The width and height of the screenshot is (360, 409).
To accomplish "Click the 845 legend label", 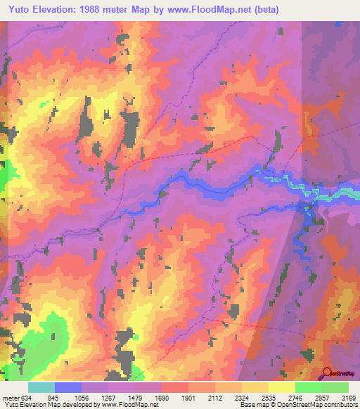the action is pyautogui.click(x=55, y=397).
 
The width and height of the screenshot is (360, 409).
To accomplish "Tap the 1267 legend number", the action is pyautogui.click(x=109, y=397).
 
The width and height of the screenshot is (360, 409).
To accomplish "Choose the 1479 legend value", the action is pyautogui.click(x=136, y=397).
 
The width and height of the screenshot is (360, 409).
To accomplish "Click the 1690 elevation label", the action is pyautogui.click(x=162, y=397).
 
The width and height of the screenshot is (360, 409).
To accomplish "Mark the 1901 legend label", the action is pyautogui.click(x=189, y=397).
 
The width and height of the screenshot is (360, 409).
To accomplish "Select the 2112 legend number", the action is pyautogui.click(x=216, y=397).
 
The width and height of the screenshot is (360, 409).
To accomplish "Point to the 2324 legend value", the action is pyautogui.click(x=243, y=397).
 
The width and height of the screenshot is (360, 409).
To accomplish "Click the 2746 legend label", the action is pyautogui.click(x=296, y=397).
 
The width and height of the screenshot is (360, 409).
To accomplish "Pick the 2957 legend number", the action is pyautogui.click(x=323, y=397).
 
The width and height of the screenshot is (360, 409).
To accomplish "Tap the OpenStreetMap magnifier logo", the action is pyautogui.click(x=328, y=372).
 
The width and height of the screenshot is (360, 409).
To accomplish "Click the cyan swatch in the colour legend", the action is pyautogui.click(x=41, y=387).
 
